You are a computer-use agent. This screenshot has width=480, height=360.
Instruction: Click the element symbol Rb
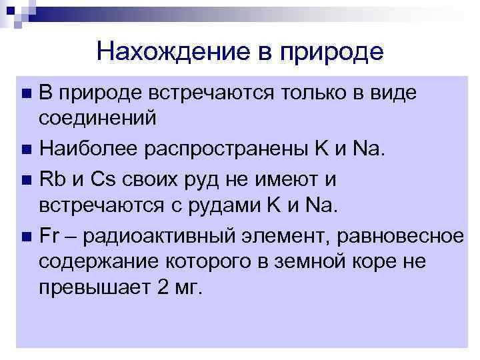tap(51, 179)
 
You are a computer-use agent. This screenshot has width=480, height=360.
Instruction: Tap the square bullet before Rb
tap(26, 179)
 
